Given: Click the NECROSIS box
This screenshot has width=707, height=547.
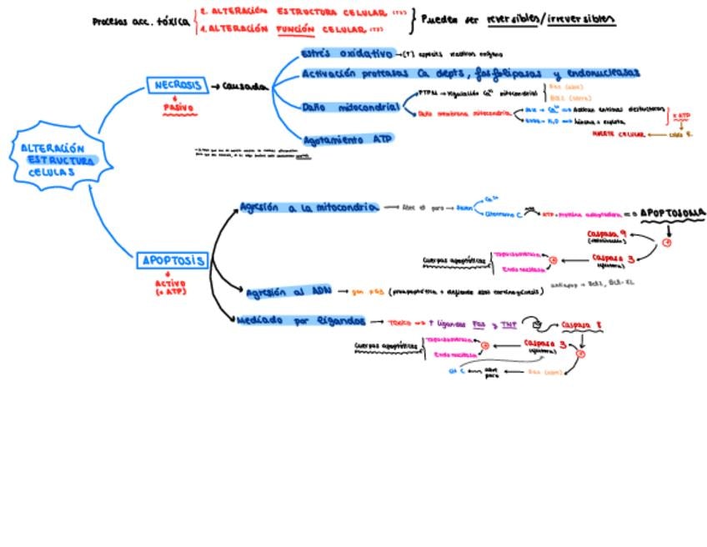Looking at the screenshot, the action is pos(178,85).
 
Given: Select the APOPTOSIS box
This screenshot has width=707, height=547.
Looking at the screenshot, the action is pos(172,261).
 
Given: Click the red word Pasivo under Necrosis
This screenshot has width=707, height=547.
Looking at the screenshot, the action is pos(178,108).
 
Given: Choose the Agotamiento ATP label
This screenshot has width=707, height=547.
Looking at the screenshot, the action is pos(348,139).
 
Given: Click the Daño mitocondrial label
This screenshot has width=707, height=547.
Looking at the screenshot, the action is pos(350,108).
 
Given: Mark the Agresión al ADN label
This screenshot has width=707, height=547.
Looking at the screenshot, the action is pos(288,292).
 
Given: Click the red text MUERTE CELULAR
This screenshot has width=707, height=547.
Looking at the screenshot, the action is pos(619,133).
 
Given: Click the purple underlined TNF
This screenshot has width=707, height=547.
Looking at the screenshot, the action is pos(509,324).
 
